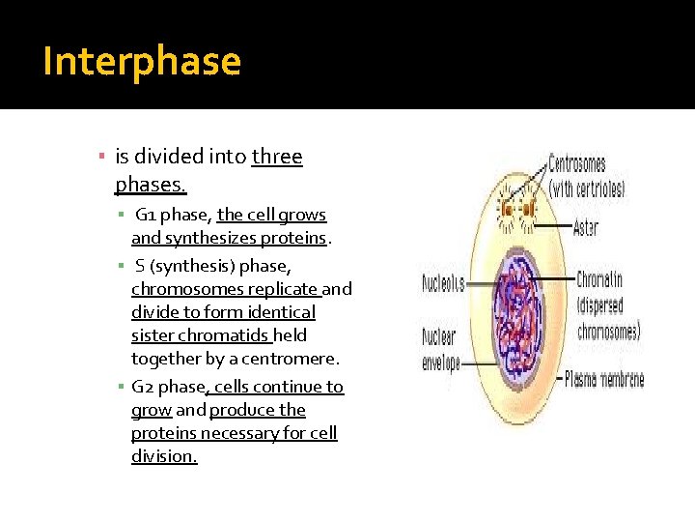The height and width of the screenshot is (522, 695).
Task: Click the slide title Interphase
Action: pos(142,61)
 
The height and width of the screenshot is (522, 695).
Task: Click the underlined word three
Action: pos(277,157)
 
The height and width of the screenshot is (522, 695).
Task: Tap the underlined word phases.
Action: pos(151,183)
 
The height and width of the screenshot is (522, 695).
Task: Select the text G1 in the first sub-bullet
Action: pos(147,215)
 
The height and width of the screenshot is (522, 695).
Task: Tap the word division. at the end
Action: pos(164,456)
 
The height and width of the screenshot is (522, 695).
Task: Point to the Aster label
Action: pos(585,228)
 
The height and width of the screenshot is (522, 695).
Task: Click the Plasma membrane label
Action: pos(603,379)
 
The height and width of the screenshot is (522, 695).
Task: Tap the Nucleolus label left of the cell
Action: pos(443,284)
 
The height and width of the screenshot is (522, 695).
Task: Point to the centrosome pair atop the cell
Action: pos(516,209)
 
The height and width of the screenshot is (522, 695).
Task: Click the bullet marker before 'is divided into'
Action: pos(101,157)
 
